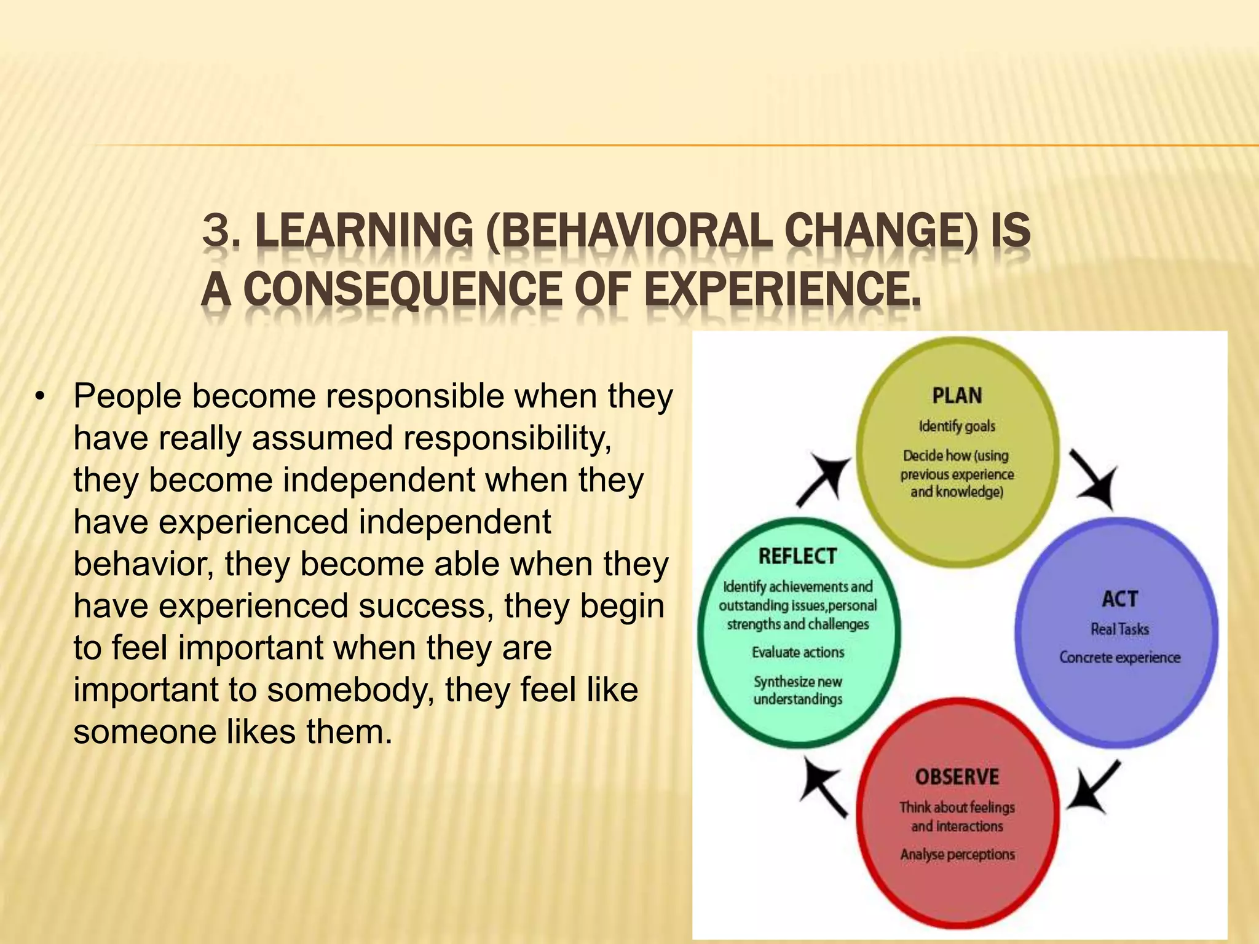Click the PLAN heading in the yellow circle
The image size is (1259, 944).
(x=957, y=395)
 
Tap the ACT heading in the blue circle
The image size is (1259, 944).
(x=1119, y=599)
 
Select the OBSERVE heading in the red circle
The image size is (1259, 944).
(x=957, y=777)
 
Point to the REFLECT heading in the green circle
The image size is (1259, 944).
(x=797, y=556)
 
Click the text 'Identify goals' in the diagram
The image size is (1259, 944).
(x=957, y=426)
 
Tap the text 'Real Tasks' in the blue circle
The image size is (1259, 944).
(x=1119, y=629)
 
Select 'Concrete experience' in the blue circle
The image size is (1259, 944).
(x=1119, y=658)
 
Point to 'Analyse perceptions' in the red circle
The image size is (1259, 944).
(x=957, y=854)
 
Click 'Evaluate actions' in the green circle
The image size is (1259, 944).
(x=798, y=652)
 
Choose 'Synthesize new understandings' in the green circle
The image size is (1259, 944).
(x=798, y=690)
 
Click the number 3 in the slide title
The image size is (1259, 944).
(x=216, y=231)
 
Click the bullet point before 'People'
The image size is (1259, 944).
(x=41, y=396)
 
